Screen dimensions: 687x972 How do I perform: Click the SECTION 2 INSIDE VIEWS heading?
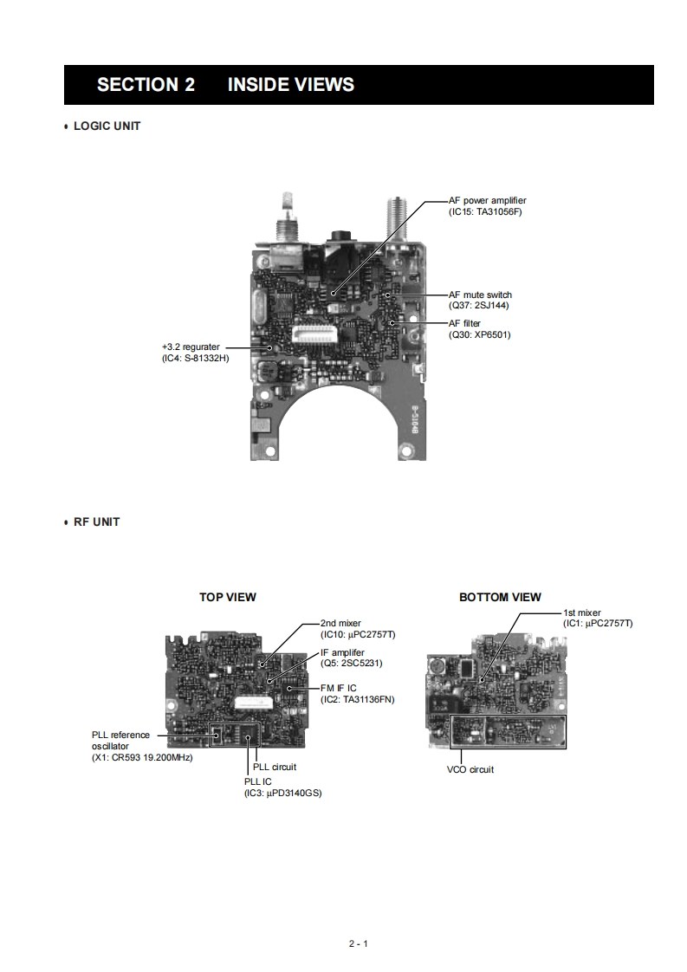[x=225, y=85]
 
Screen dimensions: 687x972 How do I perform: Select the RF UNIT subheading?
[x=96, y=522]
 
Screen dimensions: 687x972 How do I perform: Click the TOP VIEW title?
[x=228, y=597]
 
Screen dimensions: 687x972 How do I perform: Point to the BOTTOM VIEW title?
[x=500, y=597]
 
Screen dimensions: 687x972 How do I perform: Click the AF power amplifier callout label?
[x=487, y=201]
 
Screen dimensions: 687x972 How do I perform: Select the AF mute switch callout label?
[x=480, y=295]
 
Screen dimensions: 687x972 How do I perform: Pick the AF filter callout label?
[x=464, y=324]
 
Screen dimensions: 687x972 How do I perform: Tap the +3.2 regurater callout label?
[x=191, y=347]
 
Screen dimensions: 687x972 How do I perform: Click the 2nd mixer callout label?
[x=340, y=623]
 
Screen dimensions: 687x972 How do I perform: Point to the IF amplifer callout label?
[x=342, y=652]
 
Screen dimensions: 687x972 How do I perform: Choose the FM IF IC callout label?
[x=338, y=688]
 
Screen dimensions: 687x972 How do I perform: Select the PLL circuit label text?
[x=275, y=767]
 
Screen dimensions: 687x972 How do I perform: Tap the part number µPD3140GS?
[x=294, y=793]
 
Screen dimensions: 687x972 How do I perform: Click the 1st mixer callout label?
[x=581, y=612]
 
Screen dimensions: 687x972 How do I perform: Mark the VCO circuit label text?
[x=470, y=769]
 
